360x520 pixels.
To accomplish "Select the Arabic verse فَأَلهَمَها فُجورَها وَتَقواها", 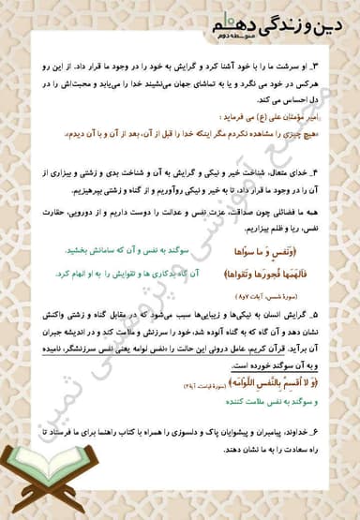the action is tap(271, 275).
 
